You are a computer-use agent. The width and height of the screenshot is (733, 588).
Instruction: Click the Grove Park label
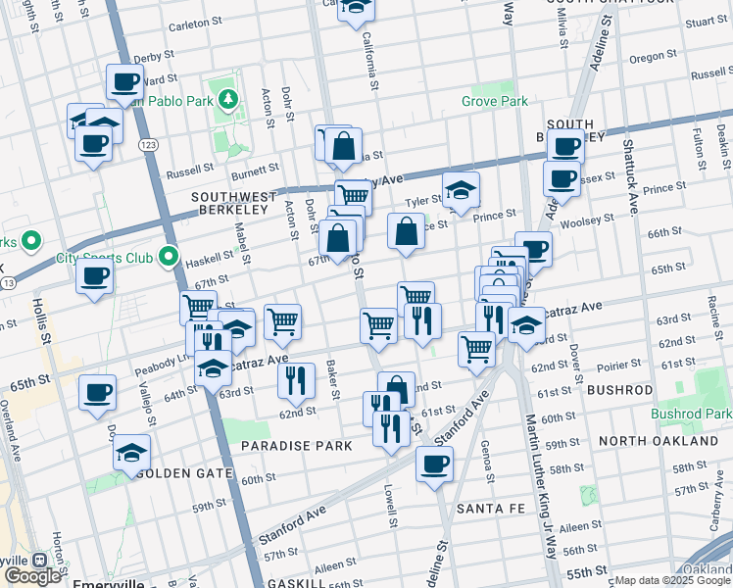click(x=495, y=101)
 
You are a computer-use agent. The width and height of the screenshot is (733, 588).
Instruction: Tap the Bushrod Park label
click(x=691, y=414)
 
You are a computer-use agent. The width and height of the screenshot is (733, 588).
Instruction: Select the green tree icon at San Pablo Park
click(x=227, y=98)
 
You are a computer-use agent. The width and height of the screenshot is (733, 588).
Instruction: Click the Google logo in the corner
click(x=32, y=575)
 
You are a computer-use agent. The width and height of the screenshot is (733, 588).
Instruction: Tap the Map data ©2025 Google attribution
click(x=672, y=580)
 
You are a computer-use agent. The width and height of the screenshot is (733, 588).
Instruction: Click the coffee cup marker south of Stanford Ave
click(x=434, y=465)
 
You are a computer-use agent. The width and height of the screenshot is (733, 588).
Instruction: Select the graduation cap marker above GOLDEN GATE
click(x=131, y=453)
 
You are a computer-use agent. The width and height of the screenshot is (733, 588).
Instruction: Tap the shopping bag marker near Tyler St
click(x=406, y=232)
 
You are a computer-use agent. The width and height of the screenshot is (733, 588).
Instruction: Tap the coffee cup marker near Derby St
click(x=125, y=84)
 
